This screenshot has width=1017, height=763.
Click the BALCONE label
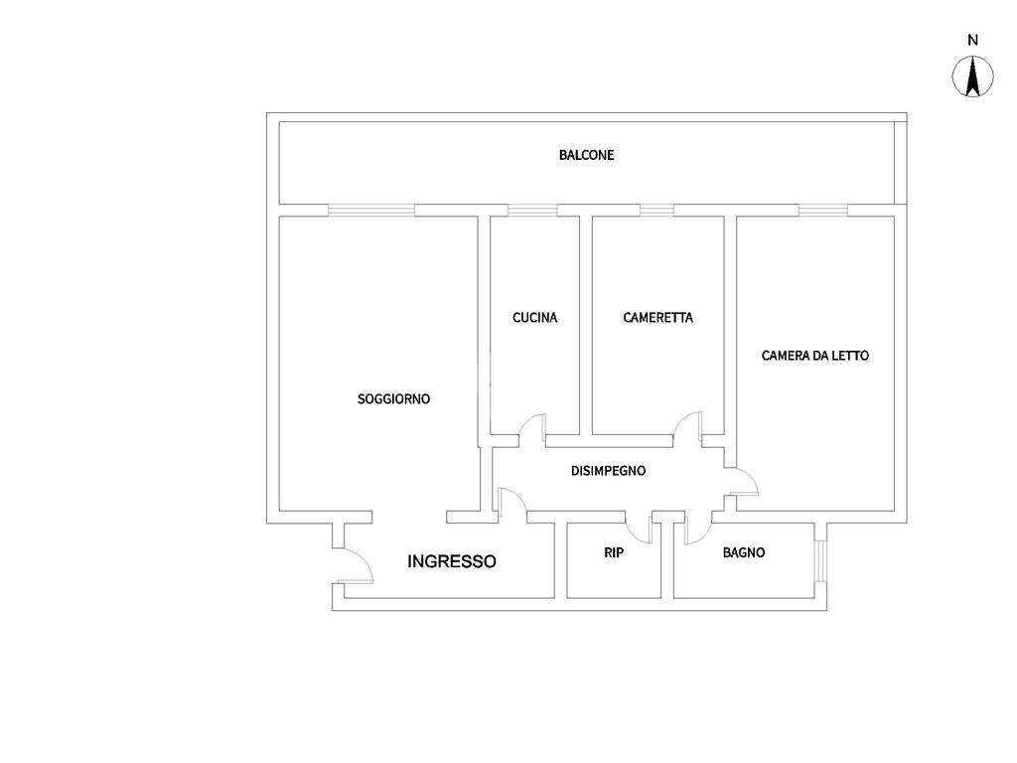click(586, 155)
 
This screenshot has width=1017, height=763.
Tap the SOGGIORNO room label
click(393, 398)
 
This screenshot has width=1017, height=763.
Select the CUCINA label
click(534, 318)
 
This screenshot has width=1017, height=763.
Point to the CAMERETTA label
click(657, 318)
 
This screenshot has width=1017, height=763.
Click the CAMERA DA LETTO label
click(814, 355)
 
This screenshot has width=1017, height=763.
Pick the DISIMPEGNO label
click(608, 471)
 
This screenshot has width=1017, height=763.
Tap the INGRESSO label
click(452, 561)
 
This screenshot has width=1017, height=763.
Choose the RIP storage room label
click(614, 552)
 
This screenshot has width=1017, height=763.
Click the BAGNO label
click(743, 552)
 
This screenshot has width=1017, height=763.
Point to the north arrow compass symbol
click(972, 77)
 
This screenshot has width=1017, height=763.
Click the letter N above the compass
click(972, 41)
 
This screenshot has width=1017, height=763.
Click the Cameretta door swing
click(687, 425)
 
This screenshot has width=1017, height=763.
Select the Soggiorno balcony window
click(370, 210)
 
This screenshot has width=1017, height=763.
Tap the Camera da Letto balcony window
click(823, 210)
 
